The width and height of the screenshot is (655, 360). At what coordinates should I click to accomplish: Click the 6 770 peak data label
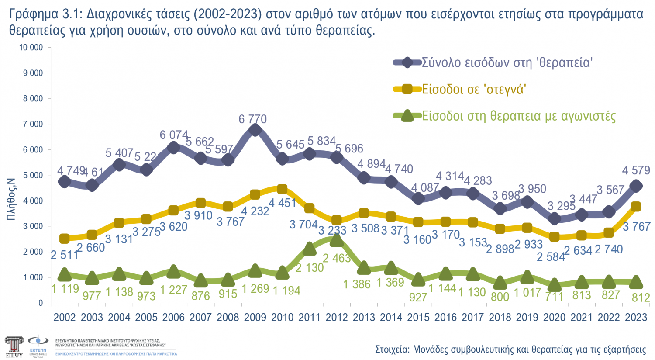[x=252, y=119]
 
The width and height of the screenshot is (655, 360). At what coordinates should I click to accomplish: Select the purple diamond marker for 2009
[x=255, y=130]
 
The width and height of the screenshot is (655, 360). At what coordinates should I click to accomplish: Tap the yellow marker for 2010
[x=282, y=189]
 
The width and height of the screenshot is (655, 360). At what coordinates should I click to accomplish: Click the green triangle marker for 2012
[x=336, y=240]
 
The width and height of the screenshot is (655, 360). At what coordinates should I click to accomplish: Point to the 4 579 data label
[x=636, y=170]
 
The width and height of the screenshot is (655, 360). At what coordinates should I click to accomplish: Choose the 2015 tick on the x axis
[x=418, y=317]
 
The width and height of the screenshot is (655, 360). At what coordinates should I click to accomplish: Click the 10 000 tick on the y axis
[x=31, y=47]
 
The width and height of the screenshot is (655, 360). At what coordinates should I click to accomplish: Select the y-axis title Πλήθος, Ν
[x=11, y=199]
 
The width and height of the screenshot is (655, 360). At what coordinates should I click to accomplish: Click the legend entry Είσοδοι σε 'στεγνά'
[x=473, y=89]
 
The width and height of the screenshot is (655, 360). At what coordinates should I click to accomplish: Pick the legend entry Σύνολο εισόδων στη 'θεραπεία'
[x=507, y=62]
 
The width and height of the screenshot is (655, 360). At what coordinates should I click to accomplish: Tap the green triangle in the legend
[x=407, y=116]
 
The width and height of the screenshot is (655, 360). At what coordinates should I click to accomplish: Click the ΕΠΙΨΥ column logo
[x=14, y=346]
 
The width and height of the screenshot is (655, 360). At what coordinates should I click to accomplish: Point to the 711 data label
[x=554, y=296]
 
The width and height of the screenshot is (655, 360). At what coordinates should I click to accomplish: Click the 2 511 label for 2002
[x=64, y=255]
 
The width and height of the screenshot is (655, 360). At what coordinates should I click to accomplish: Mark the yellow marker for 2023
[x=636, y=207]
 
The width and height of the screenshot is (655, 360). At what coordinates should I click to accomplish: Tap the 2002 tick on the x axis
[x=64, y=317]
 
